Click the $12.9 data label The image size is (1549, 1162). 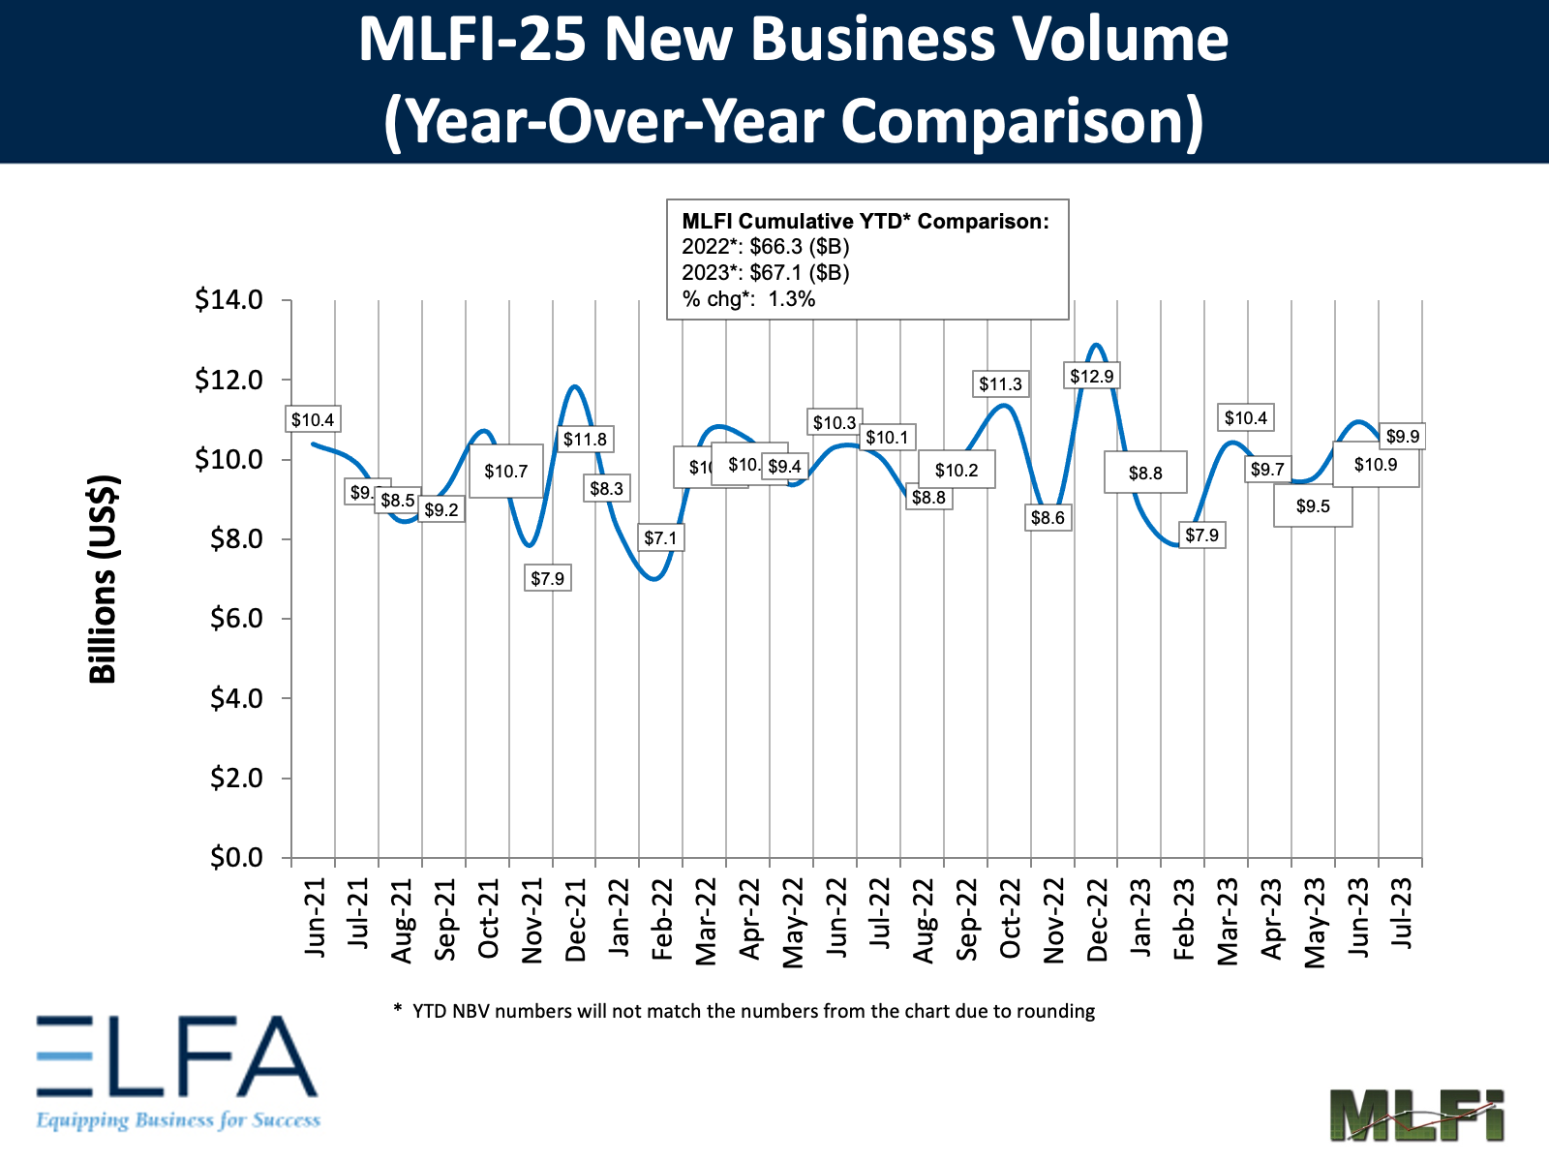click(1092, 376)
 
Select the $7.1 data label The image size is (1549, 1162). click(661, 537)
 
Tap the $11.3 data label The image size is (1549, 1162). click(1000, 384)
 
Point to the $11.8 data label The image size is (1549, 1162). click(586, 440)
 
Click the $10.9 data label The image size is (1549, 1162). click(1375, 465)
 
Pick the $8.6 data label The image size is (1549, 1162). click(1048, 518)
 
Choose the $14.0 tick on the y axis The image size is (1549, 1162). click(229, 300)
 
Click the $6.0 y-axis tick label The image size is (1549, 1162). click(236, 619)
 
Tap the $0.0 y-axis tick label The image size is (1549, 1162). click(236, 858)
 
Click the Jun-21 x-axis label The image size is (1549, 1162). click(316, 918)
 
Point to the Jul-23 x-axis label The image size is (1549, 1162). click(1402, 914)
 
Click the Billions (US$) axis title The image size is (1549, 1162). click(103, 579)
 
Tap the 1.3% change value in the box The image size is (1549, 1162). click(791, 299)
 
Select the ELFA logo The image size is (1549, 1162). click(178, 1070)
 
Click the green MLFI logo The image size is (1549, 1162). click(1416, 1115)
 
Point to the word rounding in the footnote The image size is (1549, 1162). click(1058, 1011)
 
